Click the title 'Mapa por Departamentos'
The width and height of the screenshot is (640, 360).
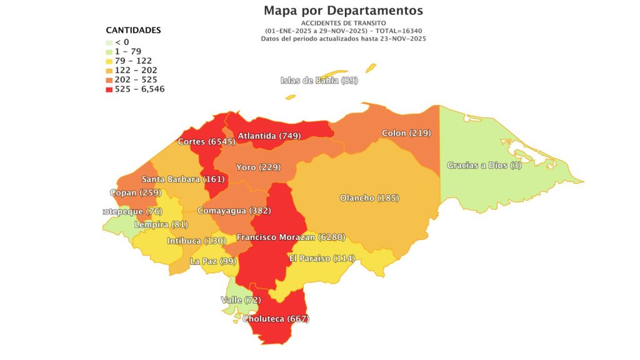click(343, 11)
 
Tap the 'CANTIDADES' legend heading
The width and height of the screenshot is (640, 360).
click(133, 30)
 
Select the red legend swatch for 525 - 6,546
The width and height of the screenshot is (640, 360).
click(109, 89)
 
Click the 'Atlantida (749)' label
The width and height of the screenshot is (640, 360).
click(269, 136)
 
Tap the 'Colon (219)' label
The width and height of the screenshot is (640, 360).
click(406, 133)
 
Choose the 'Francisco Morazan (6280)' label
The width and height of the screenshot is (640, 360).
click(291, 237)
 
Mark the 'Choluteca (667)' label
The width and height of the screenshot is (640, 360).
click(276, 319)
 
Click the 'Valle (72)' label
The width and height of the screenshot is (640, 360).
click(241, 300)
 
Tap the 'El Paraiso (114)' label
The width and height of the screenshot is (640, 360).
click(322, 258)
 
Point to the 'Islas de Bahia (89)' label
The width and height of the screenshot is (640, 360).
click(319, 80)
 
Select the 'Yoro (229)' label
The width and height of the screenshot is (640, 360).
click(258, 167)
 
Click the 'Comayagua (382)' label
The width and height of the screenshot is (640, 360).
click(234, 211)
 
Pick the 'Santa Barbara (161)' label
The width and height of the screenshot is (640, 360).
click(179, 179)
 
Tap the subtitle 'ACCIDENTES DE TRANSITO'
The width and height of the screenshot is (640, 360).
click(343, 23)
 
